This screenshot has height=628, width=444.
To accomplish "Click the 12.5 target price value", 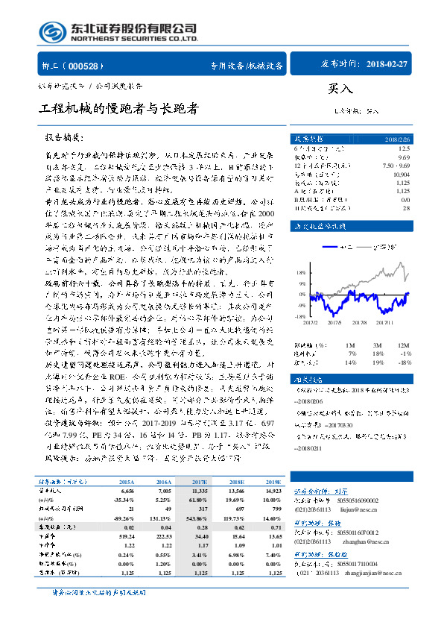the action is pos(404,149).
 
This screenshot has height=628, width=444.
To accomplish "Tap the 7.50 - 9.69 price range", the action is pos(395,164).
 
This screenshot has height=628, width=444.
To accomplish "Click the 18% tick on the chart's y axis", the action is pos(302,252).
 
